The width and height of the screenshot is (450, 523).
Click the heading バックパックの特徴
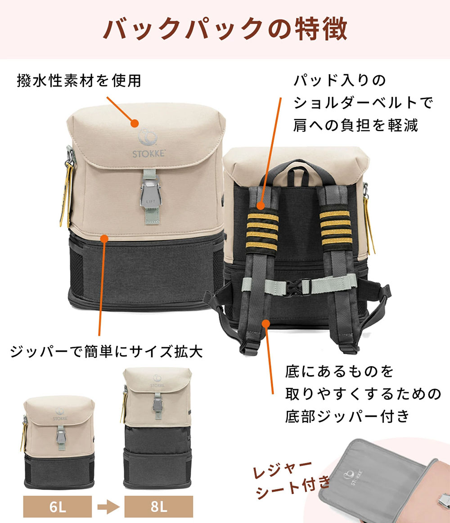(x=225, y=29)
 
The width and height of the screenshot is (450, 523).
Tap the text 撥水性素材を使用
(x=79, y=81)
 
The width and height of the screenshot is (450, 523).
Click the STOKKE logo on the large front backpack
(x=149, y=142)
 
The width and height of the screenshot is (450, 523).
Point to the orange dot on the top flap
(x=135, y=124)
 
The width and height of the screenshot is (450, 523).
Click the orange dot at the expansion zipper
(x=104, y=239)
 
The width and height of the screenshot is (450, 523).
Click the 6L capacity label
(x=58, y=506)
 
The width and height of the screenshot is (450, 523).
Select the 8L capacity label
(x=159, y=506)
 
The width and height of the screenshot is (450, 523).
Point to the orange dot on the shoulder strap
(x=261, y=205)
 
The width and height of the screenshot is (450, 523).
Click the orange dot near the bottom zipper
(x=265, y=323)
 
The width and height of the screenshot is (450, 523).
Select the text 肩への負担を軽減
(x=355, y=125)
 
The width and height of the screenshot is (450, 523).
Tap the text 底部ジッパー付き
(x=347, y=417)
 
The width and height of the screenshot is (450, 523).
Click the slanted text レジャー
(x=283, y=470)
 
